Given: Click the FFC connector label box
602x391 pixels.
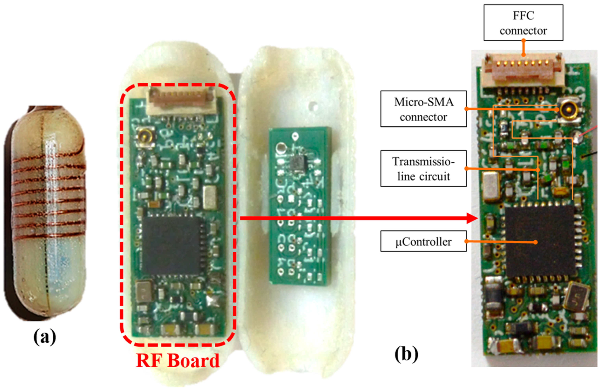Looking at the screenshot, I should pyautogui.click(x=523, y=23).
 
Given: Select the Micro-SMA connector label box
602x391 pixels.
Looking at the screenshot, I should pyautogui.click(x=423, y=109).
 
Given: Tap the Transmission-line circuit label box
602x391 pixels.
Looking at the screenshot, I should pyautogui.click(x=423, y=169).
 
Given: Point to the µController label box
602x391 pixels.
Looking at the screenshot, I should pyautogui.click(x=423, y=242).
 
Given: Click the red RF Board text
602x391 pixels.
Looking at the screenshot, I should pyautogui.click(x=178, y=361).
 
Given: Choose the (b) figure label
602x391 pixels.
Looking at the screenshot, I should pyautogui.click(x=406, y=354).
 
